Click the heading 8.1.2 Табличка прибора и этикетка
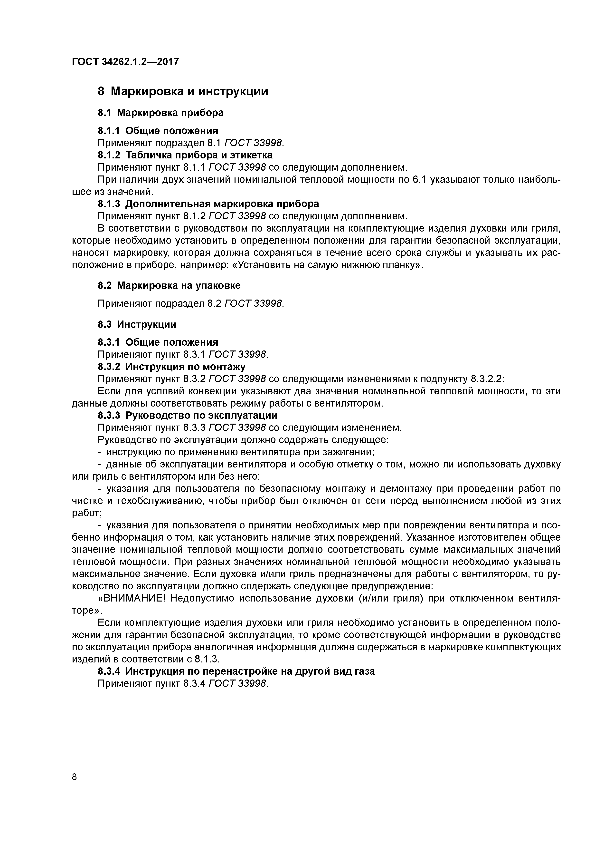[185, 155]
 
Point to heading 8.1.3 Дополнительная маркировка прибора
[208, 204]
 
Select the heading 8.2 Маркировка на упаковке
[169, 285]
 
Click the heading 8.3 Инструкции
[137, 324]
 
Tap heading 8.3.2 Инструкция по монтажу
[171, 367]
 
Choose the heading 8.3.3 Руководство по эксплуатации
[187, 415]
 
